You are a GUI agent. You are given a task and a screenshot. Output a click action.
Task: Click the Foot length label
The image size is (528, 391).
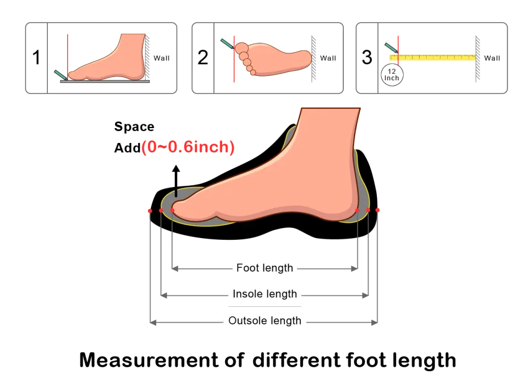point(265,268)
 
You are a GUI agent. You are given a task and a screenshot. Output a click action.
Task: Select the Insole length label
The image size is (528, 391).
point(265,294)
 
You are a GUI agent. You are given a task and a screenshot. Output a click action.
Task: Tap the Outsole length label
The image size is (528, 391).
point(265,321)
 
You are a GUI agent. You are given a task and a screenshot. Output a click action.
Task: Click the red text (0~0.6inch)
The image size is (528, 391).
point(189,147)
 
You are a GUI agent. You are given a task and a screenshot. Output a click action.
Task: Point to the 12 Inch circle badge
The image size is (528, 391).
point(392,74)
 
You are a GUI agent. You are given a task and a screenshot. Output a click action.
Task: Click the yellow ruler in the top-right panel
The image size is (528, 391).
point(432,57)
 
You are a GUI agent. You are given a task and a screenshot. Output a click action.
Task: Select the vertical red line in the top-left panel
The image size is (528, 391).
point(67,55)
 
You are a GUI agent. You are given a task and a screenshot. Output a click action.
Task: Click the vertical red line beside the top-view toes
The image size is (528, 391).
point(235,59)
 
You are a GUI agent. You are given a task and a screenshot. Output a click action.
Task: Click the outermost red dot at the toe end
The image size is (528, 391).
point(149,211)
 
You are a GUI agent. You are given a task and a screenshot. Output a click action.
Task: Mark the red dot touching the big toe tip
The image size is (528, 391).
point(173,210)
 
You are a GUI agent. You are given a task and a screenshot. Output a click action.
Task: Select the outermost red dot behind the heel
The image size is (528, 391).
point(378,210)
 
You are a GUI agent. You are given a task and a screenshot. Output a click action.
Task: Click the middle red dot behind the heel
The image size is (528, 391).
point(368,210)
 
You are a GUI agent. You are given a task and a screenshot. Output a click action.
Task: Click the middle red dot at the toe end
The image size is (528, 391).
point(161,210)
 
